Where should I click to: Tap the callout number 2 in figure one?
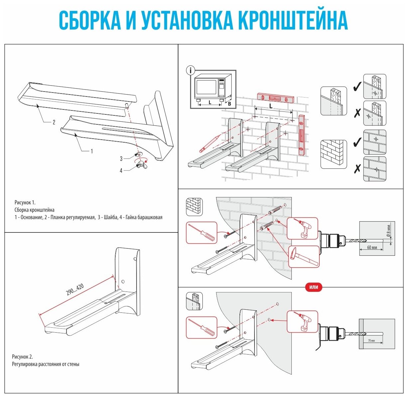click(x=54, y=122)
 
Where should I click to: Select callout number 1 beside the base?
click(x=92, y=151)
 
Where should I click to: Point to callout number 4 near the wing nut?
click(x=121, y=170)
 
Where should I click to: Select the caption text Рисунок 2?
click(x=23, y=357)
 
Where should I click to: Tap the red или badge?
click(x=314, y=287)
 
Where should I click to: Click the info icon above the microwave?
click(x=190, y=70)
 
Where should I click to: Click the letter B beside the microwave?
click(x=229, y=103)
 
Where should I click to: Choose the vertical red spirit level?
click(x=302, y=135)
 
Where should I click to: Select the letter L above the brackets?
click(x=271, y=106)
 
